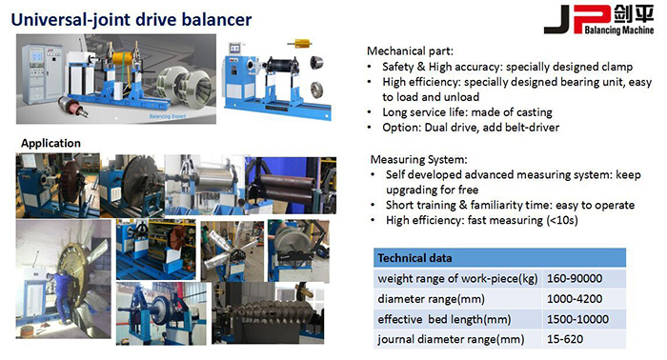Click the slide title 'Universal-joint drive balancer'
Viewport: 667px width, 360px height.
point(131,20)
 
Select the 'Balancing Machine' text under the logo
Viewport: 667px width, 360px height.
point(619,30)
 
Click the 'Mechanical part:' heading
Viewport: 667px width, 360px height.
point(410,51)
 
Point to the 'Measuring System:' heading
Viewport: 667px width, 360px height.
point(418,159)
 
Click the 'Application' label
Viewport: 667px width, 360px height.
point(51,143)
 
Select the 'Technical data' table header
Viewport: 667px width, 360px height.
point(414,258)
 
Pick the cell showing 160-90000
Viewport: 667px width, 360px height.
point(575,278)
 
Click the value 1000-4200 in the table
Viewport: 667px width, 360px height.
point(575,299)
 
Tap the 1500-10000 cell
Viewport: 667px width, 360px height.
point(577,319)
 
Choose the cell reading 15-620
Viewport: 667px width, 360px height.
point(565,339)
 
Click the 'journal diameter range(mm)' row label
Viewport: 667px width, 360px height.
point(451,339)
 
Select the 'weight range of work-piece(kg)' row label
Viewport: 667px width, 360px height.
point(457,279)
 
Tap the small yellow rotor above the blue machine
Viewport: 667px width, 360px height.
point(299,43)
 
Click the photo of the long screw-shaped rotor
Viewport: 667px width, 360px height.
point(268,312)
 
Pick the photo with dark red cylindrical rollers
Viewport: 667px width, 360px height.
point(291,186)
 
